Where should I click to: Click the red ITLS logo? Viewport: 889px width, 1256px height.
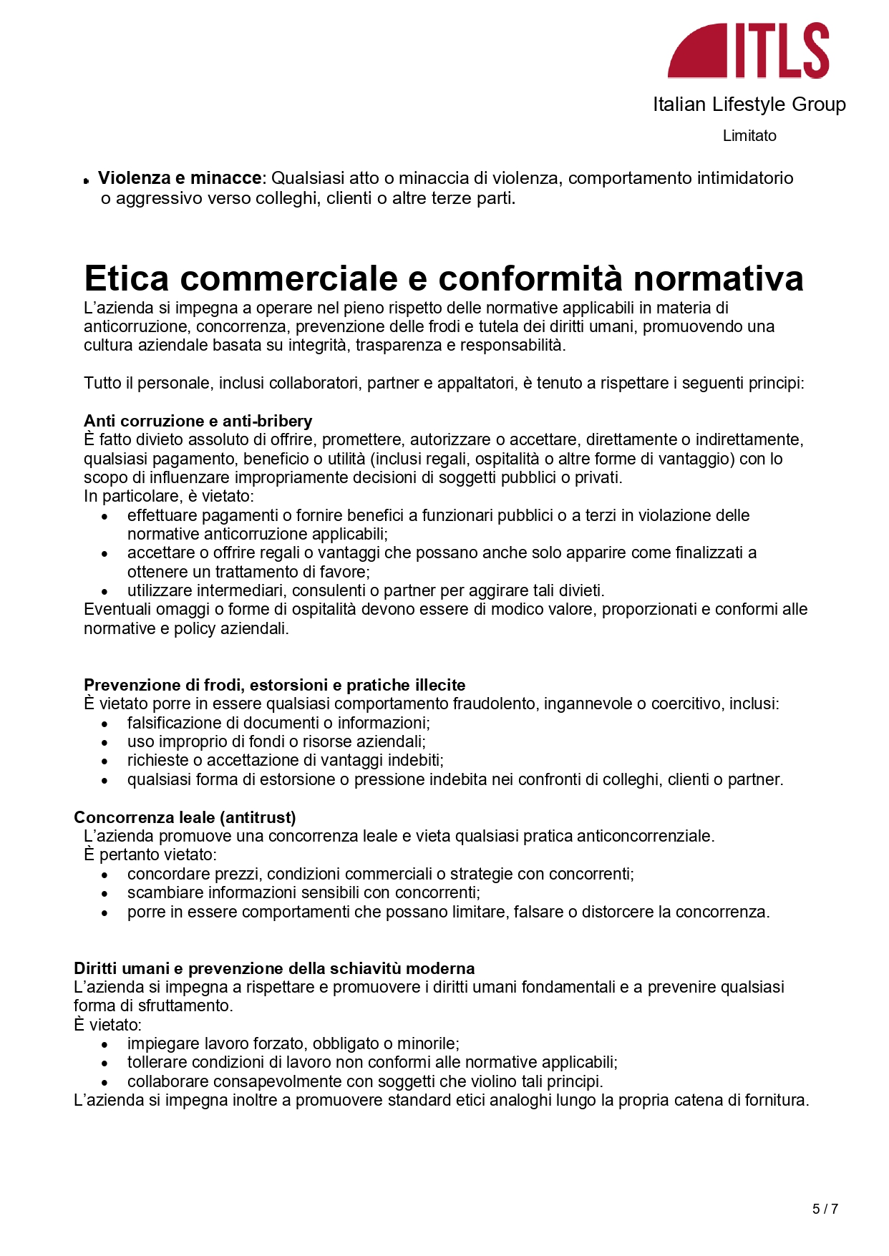pyautogui.click(x=748, y=50)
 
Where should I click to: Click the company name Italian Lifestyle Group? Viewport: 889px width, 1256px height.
pyautogui.click(x=749, y=104)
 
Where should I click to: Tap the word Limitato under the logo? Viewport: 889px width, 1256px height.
pyautogui.click(x=749, y=136)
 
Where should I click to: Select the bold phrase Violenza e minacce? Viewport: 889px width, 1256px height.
pyautogui.click(x=180, y=177)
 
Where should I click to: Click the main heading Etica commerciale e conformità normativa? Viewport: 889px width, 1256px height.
pyautogui.click(x=443, y=278)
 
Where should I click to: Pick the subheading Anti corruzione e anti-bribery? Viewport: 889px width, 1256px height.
pyautogui.click(x=198, y=421)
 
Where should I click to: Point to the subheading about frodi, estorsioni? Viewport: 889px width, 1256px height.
pyautogui.click(x=274, y=685)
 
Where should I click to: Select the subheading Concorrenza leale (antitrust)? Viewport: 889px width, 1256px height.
pyautogui.click(x=185, y=817)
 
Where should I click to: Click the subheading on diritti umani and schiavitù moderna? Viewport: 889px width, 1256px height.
pyautogui.click(x=274, y=968)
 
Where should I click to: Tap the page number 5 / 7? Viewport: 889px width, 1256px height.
pyautogui.click(x=825, y=1209)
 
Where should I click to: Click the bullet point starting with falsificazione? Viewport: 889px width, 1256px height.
pyautogui.click(x=278, y=723)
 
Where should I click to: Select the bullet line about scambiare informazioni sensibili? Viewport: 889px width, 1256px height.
pyautogui.click(x=303, y=892)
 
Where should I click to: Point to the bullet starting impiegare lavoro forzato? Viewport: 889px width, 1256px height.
pyautogui.click(x=293, y=1043)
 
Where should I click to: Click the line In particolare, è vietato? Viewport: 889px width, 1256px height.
pyautogui.click(x=169, y=496)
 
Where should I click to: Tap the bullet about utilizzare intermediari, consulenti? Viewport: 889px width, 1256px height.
pyautogui.click(x=366, y=590)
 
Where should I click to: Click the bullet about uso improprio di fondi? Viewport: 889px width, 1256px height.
pyautogui.click(x=276, y=741)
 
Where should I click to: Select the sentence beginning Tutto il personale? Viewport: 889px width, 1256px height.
pyautogui.click(x=444, y=383)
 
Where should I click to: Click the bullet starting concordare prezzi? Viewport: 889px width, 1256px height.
pyautogui.click(x=380, y=874)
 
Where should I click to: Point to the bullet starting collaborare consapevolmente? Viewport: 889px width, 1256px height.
pyautogui.click(x=365, y=1081)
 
